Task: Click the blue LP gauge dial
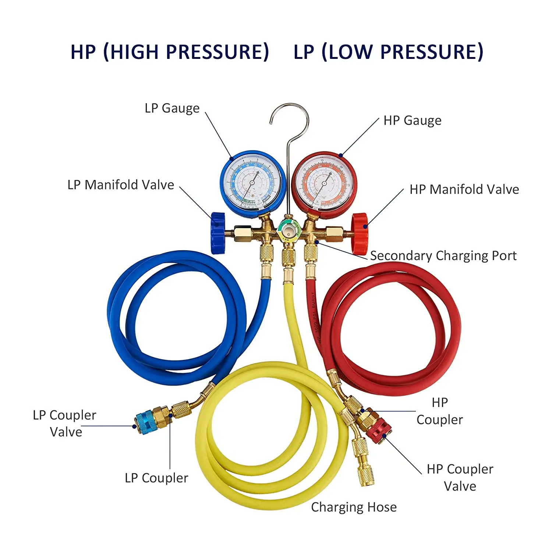[253, 182]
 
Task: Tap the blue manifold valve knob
[218, 233]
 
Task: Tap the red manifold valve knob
[359, 233]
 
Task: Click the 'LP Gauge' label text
[172, 108]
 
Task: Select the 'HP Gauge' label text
[412, 120]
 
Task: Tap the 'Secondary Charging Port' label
[443, 255]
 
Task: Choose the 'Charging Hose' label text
[354, 507]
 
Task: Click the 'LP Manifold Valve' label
[121, 185]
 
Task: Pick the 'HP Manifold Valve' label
[464, 190]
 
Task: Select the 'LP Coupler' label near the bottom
[156, 478]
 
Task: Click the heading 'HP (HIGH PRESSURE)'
[170, 52]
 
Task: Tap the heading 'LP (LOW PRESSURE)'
[388, 52]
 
